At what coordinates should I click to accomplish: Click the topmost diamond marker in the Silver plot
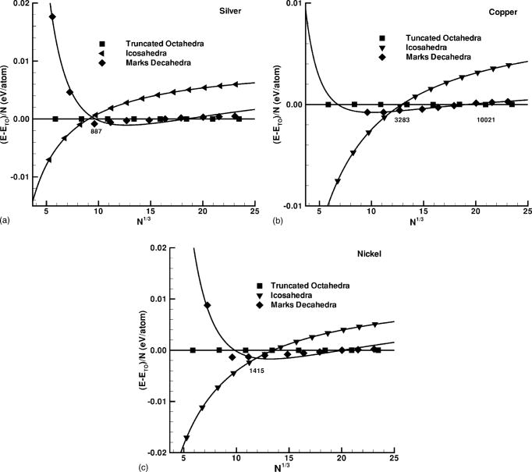[53, 17]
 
